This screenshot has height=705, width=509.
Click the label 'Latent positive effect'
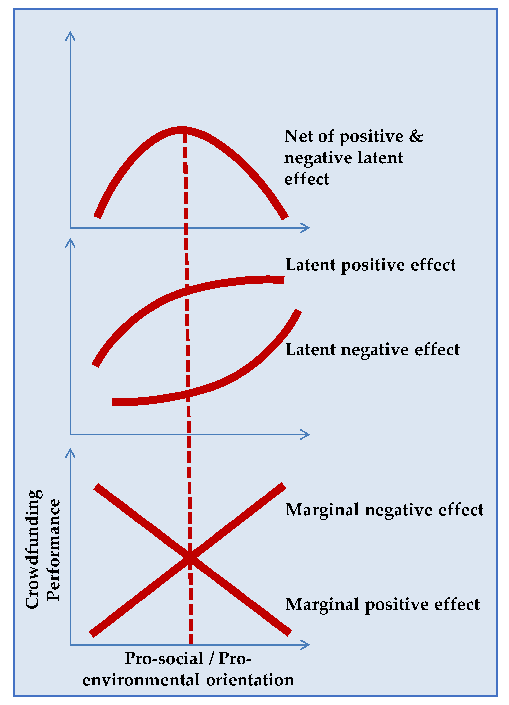tap(370, 265)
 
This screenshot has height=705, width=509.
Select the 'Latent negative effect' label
tap(372, 350)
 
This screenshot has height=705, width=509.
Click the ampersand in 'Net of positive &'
tap(416, 136)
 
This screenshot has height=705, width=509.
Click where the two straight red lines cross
tap(190, 559)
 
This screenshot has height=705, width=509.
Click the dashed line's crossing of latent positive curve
tap(187, 291)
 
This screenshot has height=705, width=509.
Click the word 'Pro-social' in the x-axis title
tap(164, 658)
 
